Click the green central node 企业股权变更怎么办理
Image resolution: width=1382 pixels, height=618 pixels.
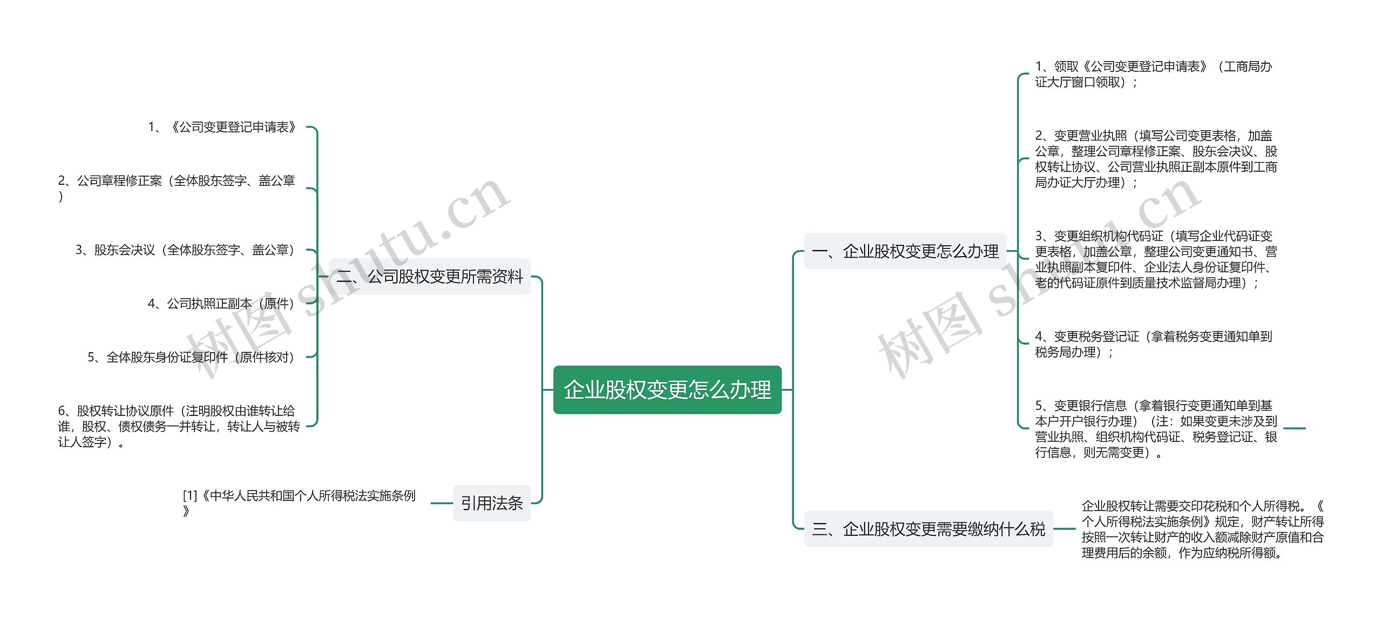click(x=667, y=389)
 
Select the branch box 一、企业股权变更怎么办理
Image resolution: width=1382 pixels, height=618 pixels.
click(x=905, y=251)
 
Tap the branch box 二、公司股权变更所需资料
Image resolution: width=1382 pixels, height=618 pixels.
click(x=430, y=277)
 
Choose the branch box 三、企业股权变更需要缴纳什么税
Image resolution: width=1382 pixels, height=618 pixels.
click(x=928, y=528)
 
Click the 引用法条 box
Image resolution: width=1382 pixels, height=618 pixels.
click(x=491, y=503)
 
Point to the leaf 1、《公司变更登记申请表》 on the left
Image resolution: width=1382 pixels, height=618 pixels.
click(x=222, y=127)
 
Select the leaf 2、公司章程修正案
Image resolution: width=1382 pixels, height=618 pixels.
click(x=177, y=188)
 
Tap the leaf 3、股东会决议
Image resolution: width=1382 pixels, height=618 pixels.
click(x=185, y=250)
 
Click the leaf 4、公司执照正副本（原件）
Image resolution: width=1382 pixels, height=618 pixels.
click(x=221, y=304)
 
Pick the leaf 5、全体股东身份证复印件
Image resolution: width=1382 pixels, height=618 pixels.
click(x=191, y=357)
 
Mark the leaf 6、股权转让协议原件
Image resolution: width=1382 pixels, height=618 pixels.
click(x=179, y=426)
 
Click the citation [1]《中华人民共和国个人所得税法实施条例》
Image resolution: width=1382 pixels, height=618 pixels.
click(x=299, y=503)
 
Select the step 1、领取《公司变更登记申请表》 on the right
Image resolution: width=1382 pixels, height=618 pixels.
click(x=1153, y=74)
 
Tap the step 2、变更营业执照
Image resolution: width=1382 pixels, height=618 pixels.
click(x=1155, y=159)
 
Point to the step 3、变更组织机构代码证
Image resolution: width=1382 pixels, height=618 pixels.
click(x=1155, y=259)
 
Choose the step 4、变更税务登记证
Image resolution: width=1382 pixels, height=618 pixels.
click(x=1153, y=344)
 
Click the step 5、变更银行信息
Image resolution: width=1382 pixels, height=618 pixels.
click(x=1155, y=429)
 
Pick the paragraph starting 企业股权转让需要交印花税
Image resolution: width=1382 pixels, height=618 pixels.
click(x=1202, y=529)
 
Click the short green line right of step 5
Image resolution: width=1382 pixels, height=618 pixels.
click(x=1294, y=428)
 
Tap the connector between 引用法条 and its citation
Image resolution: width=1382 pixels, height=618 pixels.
click(x=442, y=503)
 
